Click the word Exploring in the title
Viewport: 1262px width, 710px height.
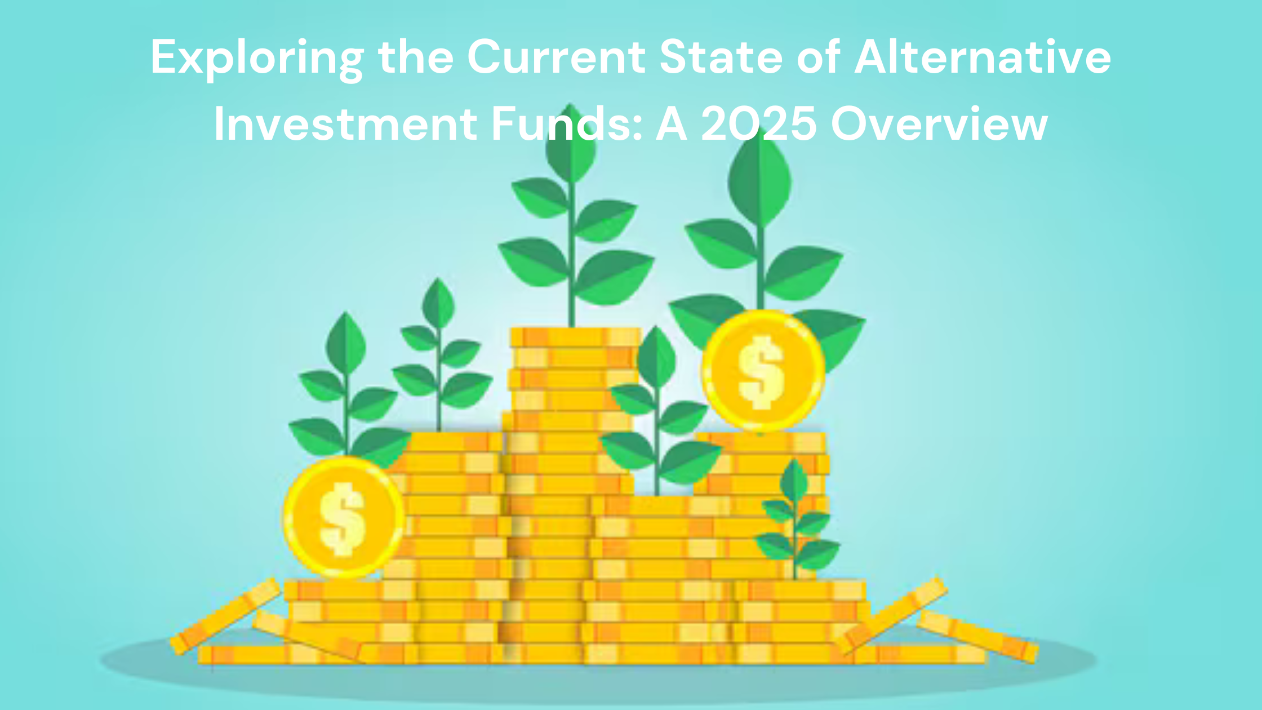pos(257,58)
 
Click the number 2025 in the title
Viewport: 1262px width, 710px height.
pos(758,123)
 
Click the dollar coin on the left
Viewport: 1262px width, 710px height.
pos(343,518)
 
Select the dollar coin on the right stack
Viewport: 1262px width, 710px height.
pos(763,370)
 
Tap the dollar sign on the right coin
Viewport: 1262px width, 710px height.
pos(762,371)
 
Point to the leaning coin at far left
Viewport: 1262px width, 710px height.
pos(225,616)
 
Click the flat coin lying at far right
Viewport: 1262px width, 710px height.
pos(977,636)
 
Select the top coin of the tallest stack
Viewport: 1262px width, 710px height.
pos(575,337)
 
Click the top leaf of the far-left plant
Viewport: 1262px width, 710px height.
pos(346,341)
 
